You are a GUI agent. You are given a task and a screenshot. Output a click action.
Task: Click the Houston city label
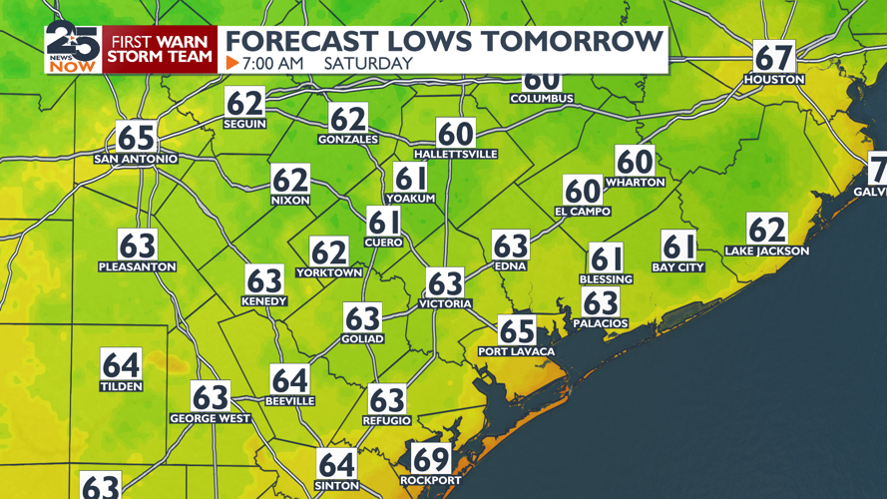pyautogui.click(x=773, y=79)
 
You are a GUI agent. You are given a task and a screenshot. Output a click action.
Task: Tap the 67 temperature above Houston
pyautogui.click(x=773, y=57)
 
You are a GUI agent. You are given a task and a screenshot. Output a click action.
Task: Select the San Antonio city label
pyautogui.click(x=136, y=159)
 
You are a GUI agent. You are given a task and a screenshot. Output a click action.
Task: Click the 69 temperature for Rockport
pyautogui.click(x=430, y=459)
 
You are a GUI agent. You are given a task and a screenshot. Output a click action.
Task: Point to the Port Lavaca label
pyautogui.click(x=516, y=351)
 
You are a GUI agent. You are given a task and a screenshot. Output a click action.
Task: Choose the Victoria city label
pyautogui.click(x=445, y=303)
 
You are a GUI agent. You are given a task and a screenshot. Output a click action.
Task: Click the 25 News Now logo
pyautogui.click(x=73, y=47)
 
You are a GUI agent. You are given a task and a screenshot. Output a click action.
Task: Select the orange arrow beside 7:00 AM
pyautogui.click(x=232, y=63)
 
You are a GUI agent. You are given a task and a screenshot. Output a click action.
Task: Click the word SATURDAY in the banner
pyautogui.click(x=368, y=63)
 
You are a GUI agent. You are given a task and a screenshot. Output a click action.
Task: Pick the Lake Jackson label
pyautogui.click(x=767, y=251)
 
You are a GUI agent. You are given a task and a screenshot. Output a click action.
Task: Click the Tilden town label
pyautogui.click(x=121, y=386)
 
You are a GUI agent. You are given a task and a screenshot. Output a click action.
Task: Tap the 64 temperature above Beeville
pyautogui.click(x=289, y=380)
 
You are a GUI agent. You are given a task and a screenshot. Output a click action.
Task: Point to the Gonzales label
pyautogui.click(x=348, y=140)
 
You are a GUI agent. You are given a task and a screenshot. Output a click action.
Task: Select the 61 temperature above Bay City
pyautogui.click(x=678, y=246)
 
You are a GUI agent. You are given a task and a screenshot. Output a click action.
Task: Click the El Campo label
pyautogui.click(x=583, y=212)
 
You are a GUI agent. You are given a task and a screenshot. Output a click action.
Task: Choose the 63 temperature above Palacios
pyautogui.click(x=601, y=302)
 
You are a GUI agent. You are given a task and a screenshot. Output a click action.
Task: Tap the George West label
pyautogui.click(x=210, y=418)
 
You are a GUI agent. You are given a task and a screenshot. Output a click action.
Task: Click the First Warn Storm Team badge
pyautogui.click(x=161, y=49)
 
